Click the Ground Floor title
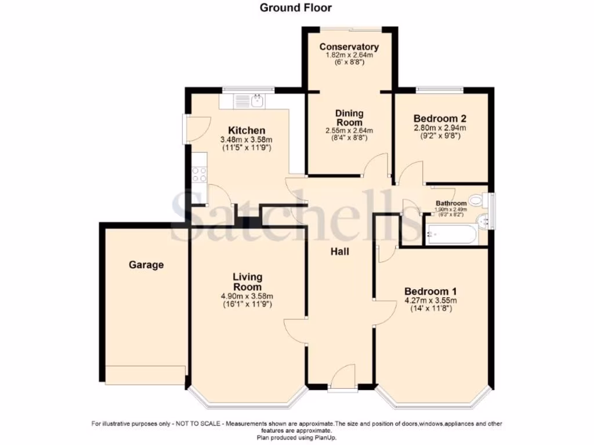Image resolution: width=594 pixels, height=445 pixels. pos(295,8)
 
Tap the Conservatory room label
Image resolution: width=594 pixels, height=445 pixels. pos(349,47)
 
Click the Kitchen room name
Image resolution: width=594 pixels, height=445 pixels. pos(247,130)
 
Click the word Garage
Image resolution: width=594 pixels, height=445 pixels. pos(146,265)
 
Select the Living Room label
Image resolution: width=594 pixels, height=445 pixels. pos(247,282)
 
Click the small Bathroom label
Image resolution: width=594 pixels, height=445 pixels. pos(451,203)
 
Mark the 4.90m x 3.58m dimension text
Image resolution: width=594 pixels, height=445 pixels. pos(247,296)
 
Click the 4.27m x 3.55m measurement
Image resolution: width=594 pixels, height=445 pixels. pos(430,300)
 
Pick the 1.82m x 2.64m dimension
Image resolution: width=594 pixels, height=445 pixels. pos(349,56)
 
